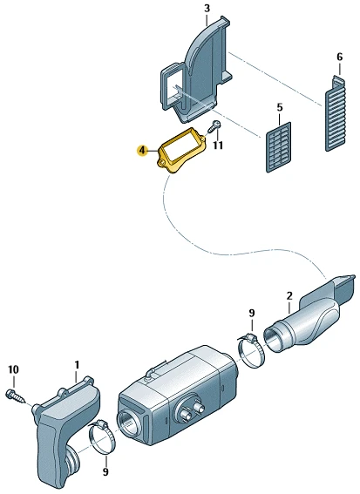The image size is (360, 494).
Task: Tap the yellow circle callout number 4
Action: coord(142,151)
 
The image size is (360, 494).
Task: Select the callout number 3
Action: coord(207,9)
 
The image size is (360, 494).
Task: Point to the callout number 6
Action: coord(339,57)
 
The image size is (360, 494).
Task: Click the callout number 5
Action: coord(280,107)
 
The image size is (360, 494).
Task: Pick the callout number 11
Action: coord(218,145)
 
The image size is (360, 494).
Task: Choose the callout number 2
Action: coord(289,296)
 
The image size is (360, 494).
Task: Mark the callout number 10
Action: coord(14,369)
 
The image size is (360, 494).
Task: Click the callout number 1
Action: coord(77,365)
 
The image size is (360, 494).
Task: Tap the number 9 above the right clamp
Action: coord(252,313)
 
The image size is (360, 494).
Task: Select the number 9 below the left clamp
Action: coord(105,471)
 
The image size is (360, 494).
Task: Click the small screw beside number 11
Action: coord(214,126)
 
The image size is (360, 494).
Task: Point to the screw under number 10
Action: coord(16,397)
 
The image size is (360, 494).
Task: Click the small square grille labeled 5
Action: coord(279,147)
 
